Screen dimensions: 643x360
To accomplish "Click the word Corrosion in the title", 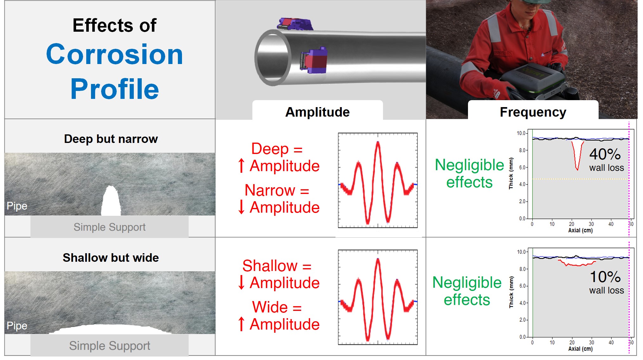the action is click(114, 55).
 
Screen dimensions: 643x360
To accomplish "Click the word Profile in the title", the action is click(114, 89).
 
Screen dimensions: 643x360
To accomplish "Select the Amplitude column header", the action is click(317, 112).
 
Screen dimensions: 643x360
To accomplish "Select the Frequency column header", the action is click(533, 112).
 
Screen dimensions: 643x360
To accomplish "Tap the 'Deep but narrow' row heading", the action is click(111, 139).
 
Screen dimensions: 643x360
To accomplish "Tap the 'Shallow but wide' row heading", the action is click(111, 258).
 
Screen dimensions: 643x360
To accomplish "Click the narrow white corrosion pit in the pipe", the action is click(111, 201).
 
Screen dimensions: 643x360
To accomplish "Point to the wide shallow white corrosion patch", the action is click(111, 329).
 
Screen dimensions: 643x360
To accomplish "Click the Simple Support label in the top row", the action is click(109, 227).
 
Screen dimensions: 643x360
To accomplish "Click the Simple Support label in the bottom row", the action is click(109, 346).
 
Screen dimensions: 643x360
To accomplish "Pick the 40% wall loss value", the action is click(605, 154).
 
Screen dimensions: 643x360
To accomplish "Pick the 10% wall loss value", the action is click(605, 277).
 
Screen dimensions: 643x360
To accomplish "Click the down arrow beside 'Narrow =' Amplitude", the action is click(241, 207).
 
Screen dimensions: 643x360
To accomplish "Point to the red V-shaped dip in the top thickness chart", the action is click(577, 156).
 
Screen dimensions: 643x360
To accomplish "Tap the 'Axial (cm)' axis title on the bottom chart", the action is click(580, 349).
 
